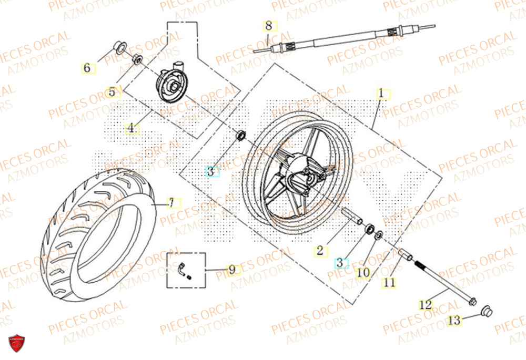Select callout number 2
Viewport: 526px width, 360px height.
[319, 251]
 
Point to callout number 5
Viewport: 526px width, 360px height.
[112, 92]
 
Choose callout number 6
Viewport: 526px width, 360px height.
[87, 68]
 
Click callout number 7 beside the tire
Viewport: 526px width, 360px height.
[171, 202]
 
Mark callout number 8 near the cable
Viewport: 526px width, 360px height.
[268, 25]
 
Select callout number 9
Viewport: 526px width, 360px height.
[231, 270]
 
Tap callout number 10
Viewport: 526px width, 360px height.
[363, 273]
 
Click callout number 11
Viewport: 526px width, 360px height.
[388, 282]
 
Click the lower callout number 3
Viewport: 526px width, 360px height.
[340, 261]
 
